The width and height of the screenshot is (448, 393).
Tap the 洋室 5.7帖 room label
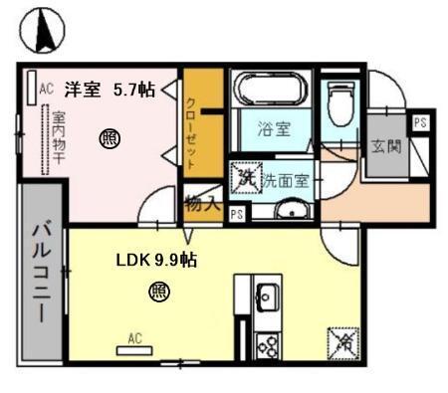[110, 90]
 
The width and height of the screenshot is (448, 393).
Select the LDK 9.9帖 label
[156, 261]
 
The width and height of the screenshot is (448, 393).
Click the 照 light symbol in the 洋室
[108, 139]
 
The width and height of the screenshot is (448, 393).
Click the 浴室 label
[273, 128]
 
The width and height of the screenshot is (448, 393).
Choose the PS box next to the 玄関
[421, 122]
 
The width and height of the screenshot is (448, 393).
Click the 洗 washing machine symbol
[245, 179]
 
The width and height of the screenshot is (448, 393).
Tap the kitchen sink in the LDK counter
[269, 295]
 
